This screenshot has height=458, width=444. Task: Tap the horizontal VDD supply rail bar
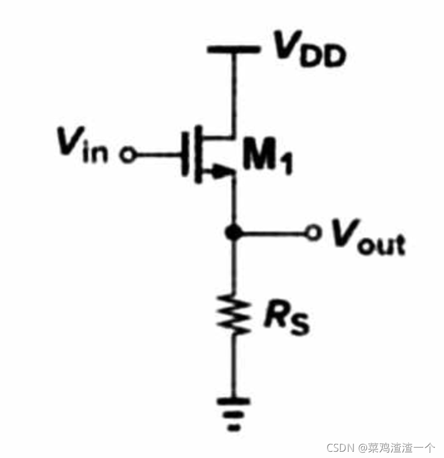click(x=233, y=49)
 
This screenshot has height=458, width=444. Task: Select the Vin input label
click(x=83, y=144)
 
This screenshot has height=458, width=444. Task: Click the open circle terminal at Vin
click(x=127, y=154)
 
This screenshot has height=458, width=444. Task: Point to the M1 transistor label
click(x=268, y=156)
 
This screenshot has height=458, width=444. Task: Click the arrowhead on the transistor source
click(x=221, y=171)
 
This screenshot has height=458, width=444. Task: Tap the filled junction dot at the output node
click(x=233, y=233)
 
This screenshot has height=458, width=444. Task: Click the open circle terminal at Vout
click(x=313, y=233)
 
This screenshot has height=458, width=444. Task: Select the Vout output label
click(x=368, y=237)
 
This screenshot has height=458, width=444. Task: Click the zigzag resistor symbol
click(x=233, y=315)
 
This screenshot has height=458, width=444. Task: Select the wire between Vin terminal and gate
click(x=159, y=154)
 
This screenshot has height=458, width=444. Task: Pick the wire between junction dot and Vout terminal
click(x=274, y=233)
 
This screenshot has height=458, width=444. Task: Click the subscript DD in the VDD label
click(x=323, y=57)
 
